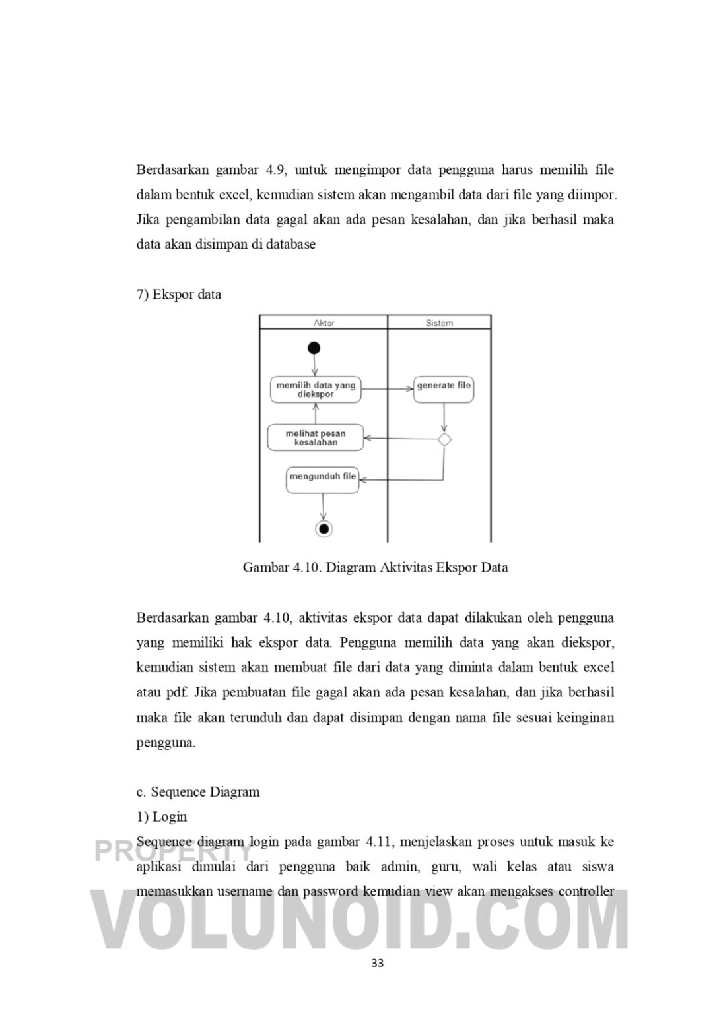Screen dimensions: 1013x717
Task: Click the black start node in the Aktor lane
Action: (x=314, y=348)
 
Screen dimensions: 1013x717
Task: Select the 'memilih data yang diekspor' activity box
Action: (x=315, y=389)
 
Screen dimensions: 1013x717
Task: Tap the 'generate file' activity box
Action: (x=444, y=388)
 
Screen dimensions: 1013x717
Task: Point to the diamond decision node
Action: (x=444, y=439)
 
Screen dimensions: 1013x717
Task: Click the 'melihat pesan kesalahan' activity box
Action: (x=315, y=438)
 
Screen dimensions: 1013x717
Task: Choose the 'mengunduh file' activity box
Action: (x=322, y=479)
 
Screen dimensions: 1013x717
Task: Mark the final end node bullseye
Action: (x=323, y=528)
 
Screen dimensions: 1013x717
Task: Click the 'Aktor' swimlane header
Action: (x=324, y=322)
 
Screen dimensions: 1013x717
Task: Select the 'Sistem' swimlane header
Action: (x=439, y=322)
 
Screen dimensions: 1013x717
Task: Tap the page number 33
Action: (x=377, y=963)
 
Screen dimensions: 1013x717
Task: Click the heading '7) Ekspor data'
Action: (x=179, y=294)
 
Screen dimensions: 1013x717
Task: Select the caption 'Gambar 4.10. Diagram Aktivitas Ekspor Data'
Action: (x=375, y=567)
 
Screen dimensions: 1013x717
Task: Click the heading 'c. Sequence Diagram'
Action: (x=198, y=792)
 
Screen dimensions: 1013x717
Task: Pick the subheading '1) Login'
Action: (x=162, y=816)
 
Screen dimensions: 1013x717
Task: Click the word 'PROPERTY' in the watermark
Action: (x=174, y=851)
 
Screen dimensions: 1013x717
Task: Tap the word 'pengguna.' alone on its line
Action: (x=166, y=743)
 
